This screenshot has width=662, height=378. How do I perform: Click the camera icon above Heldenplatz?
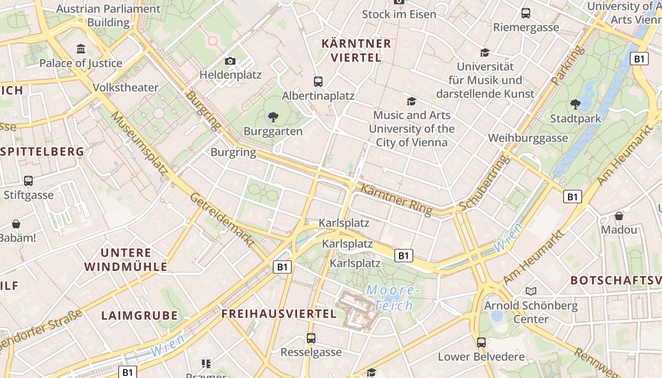[230, 61]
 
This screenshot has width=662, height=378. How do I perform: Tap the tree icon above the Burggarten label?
[273, 117]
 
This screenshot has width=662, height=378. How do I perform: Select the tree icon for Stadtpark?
[575, 104]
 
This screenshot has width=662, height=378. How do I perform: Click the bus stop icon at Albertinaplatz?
[318, 82]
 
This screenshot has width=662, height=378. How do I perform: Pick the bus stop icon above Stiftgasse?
[28, 180]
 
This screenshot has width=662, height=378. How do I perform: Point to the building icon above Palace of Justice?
[81, 49]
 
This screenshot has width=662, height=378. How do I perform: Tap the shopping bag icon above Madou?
[619, 216]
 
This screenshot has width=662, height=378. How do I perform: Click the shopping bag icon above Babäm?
[16, 223]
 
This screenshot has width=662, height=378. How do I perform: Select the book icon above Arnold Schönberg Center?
[531, 291]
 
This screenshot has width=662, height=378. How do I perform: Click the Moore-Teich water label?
[393, 297]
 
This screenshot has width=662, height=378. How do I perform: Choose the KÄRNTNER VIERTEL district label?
[357, 51]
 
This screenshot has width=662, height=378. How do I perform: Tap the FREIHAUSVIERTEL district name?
[279, 314]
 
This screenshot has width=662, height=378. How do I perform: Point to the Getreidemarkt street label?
[222, 220]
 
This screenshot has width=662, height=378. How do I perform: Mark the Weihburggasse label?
[528, 138]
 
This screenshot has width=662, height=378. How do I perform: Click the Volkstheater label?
[125, 87]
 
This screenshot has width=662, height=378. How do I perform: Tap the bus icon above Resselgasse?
[311, 338]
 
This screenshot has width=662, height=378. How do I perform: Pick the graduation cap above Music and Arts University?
[411, 101]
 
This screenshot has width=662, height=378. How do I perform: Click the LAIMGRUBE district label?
[139, 315]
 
